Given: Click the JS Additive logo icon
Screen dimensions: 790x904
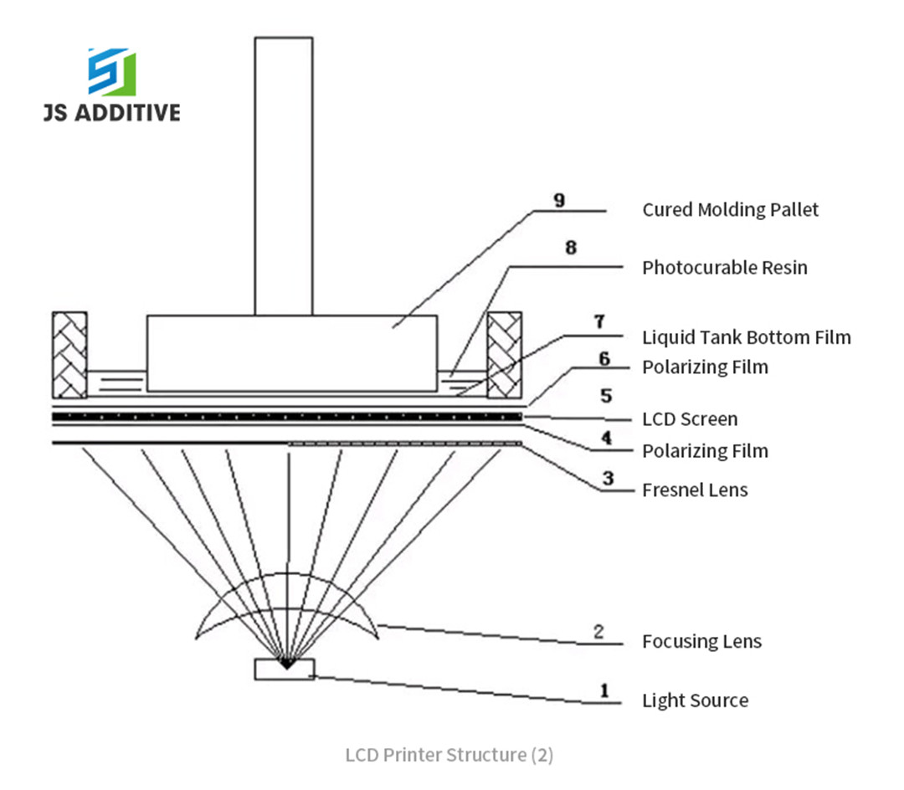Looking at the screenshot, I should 111,71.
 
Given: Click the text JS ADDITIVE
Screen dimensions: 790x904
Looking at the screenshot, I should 111,111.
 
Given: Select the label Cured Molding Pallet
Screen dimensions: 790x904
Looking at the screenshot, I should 730,209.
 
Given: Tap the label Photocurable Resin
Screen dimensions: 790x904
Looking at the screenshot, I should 725,268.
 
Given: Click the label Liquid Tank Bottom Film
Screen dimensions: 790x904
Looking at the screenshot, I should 746,337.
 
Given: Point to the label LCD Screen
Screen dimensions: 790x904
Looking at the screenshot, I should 690,419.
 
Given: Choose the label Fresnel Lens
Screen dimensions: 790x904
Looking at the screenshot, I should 695,490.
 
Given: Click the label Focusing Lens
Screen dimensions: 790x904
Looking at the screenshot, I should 701,642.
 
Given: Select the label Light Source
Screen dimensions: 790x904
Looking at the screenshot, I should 695,700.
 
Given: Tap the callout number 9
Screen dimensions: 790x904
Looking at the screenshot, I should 559,200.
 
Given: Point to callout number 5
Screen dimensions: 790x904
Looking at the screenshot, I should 606,394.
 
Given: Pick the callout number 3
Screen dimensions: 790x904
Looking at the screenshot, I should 608,479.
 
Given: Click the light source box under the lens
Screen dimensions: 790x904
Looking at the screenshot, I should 285,669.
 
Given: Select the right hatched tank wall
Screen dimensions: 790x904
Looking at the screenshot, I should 504,355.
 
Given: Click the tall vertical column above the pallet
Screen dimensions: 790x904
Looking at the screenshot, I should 284,176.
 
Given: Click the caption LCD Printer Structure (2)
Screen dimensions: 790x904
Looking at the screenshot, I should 449,755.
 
